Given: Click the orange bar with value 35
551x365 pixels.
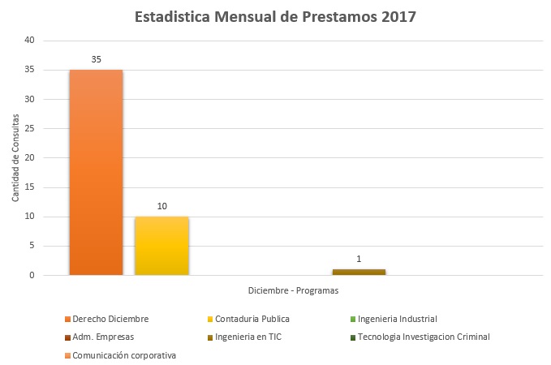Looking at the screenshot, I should (96, 173).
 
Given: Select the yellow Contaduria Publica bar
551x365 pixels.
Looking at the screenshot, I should (161, 247).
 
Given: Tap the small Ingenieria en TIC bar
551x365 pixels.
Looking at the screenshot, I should (359, 273).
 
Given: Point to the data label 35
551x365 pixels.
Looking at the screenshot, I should (96, 59).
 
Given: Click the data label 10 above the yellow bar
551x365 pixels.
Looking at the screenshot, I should (161, 207).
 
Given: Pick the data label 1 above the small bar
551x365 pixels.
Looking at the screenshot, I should (359, 260).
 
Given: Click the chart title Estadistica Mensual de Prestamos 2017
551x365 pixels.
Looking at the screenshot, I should (275, 17).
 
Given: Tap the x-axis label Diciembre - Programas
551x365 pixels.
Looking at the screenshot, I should (293, 290).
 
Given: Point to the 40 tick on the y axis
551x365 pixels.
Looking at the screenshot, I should (30, 41).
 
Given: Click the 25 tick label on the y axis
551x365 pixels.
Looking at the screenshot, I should (30, 129).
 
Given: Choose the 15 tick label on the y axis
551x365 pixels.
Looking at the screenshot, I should (30, 187).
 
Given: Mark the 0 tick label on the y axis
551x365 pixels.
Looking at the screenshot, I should (32, 276).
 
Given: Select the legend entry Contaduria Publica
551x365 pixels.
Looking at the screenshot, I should (252, 319).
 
